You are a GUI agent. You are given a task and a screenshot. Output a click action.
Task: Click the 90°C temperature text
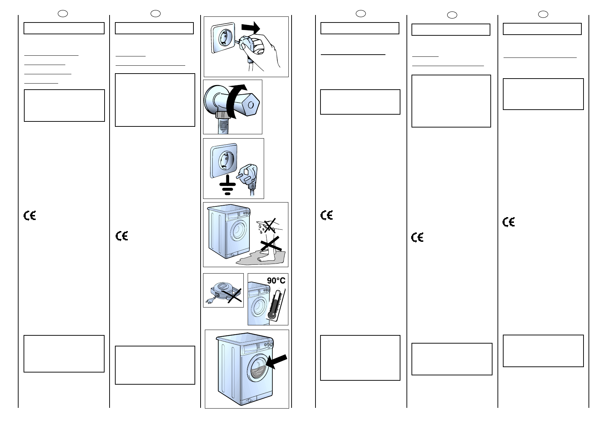(x=276, y=281)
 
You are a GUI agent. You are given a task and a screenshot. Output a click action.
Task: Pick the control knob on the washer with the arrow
(x=271, y=344)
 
